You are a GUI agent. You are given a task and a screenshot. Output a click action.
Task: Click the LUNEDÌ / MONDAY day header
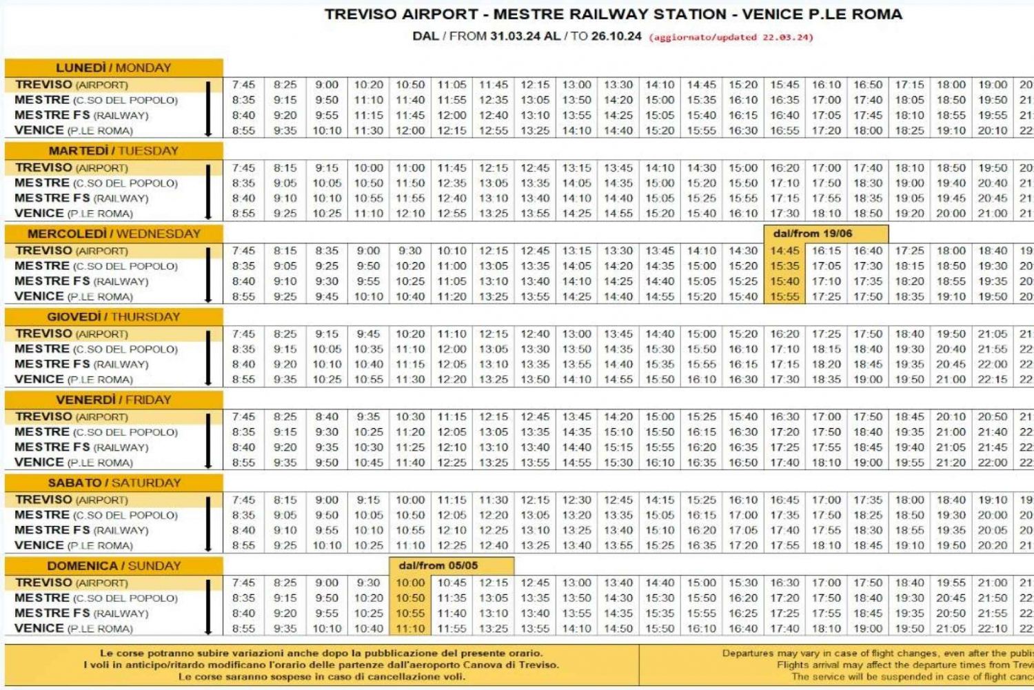click(x=113, y=68)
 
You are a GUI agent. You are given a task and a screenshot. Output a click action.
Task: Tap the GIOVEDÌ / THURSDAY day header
click(x=113, y=316)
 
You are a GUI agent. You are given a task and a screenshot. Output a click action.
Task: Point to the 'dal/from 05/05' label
click(x=438, y=565)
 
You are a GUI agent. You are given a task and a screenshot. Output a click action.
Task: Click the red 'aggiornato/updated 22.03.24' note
click(x=731, y=37)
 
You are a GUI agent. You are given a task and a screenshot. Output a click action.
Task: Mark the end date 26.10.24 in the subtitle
click(x=616, y=37)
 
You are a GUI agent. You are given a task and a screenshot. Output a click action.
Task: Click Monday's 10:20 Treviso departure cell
click(x=368, y=85)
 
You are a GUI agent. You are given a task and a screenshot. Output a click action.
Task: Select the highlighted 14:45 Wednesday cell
click(x=784, y=251)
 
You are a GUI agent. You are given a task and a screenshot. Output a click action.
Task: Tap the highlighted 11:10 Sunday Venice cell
click(x=410, y=629)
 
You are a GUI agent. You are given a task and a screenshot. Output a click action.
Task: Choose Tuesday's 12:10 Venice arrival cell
click(x=410, y=214)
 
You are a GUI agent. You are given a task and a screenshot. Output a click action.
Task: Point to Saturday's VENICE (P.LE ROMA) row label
click(x=73, y=545)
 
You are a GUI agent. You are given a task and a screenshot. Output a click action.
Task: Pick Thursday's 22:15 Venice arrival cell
click(x=992, y=380)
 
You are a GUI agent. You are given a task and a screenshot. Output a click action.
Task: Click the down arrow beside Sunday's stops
click(x=208, y=607)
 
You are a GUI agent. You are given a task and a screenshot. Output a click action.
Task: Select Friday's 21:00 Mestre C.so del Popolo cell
click(x=951, y=432)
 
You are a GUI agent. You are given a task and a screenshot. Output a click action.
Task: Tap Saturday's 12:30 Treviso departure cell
click(x=576, y=500)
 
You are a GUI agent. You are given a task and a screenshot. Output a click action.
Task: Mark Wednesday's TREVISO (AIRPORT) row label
click(x=72, y=251)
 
